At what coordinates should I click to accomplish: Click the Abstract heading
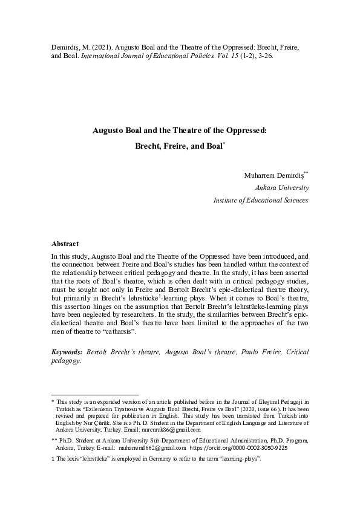pyautogui.click(x=65, y=244)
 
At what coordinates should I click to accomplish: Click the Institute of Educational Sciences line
pyautogui.click(x=261, y=200)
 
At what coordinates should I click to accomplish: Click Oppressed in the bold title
pyautogui.click(x=242, y=130)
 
